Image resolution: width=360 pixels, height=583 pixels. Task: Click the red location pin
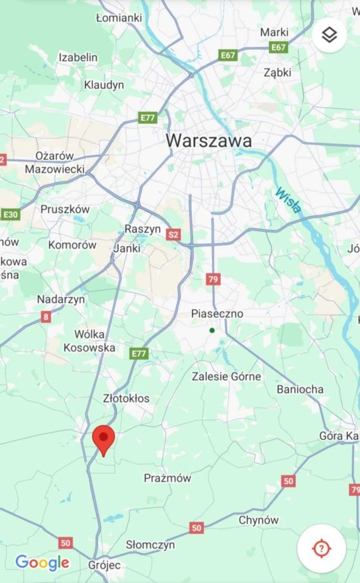point(103,439)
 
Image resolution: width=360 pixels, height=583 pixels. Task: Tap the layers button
point(329,35)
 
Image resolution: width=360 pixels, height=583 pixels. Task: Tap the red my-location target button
point(321,548)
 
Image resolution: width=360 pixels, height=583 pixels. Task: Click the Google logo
point(42,563)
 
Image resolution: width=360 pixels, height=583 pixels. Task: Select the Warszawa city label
point(209,140)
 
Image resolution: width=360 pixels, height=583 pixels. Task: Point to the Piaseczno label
point(217,314)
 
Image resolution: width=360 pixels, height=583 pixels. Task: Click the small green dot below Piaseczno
point(212,330)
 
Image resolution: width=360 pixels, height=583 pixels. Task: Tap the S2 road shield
point(174,234)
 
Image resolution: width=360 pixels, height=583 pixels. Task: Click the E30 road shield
point(10,214)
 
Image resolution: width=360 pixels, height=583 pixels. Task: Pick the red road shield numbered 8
point(46,316)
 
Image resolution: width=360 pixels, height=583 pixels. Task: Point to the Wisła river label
point(288,201)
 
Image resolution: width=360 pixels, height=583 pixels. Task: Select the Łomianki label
point(119,18)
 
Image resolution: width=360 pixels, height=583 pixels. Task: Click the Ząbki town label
point(277,72)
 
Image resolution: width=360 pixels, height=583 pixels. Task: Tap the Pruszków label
point(65,209)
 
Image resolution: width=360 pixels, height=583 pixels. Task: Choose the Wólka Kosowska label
point(90,341)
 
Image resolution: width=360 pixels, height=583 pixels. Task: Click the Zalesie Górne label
point(226,377)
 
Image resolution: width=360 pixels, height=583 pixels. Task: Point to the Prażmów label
point(168,478)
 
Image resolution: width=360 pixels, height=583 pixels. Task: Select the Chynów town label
point(259,520)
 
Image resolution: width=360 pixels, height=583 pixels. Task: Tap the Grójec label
point(104,565)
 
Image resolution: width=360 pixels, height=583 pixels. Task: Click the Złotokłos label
point(126,398)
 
